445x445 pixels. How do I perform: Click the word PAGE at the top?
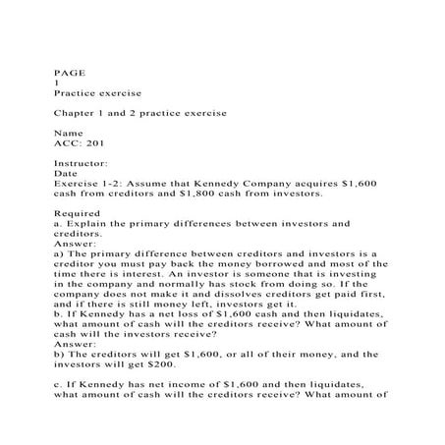(x=66, y=71)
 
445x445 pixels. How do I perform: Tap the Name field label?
(x=66, y=133)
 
